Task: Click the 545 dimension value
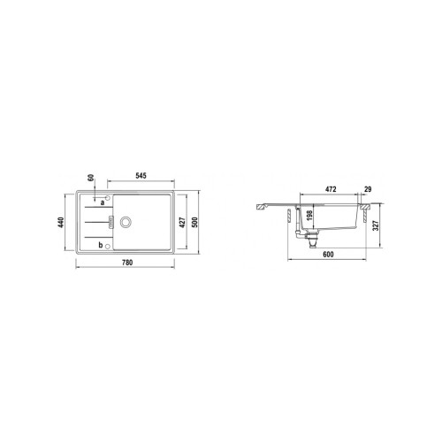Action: tap(141, 176)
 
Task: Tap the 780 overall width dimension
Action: tap(127, 263)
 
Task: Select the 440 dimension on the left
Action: tap(61, 222)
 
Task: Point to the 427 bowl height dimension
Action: tap(182, 223)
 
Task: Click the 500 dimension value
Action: tap(194, 222)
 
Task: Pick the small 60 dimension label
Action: tap(91, 178)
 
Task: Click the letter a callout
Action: tap(103, 202)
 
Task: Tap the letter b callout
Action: tap(101, 245)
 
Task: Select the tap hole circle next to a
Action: tap(108, 198)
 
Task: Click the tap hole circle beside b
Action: tap(108, 246)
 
